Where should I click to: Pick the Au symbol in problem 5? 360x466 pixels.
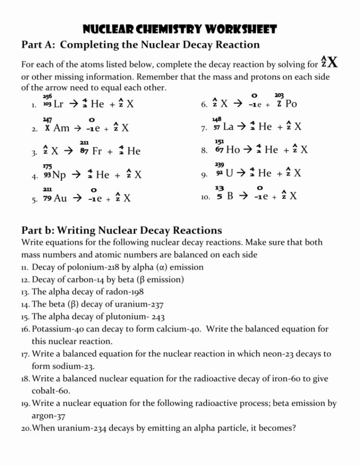click(61, 198)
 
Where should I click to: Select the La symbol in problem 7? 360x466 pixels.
click(229, 127)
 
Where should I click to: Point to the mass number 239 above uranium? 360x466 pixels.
click(219, 164)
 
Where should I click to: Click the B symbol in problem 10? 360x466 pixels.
click(230, 196)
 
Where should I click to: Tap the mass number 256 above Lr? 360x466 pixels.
click(47, 96)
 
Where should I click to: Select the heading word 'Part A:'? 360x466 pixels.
click(39, 45)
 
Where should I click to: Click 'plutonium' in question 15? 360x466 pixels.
click(122, 317)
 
